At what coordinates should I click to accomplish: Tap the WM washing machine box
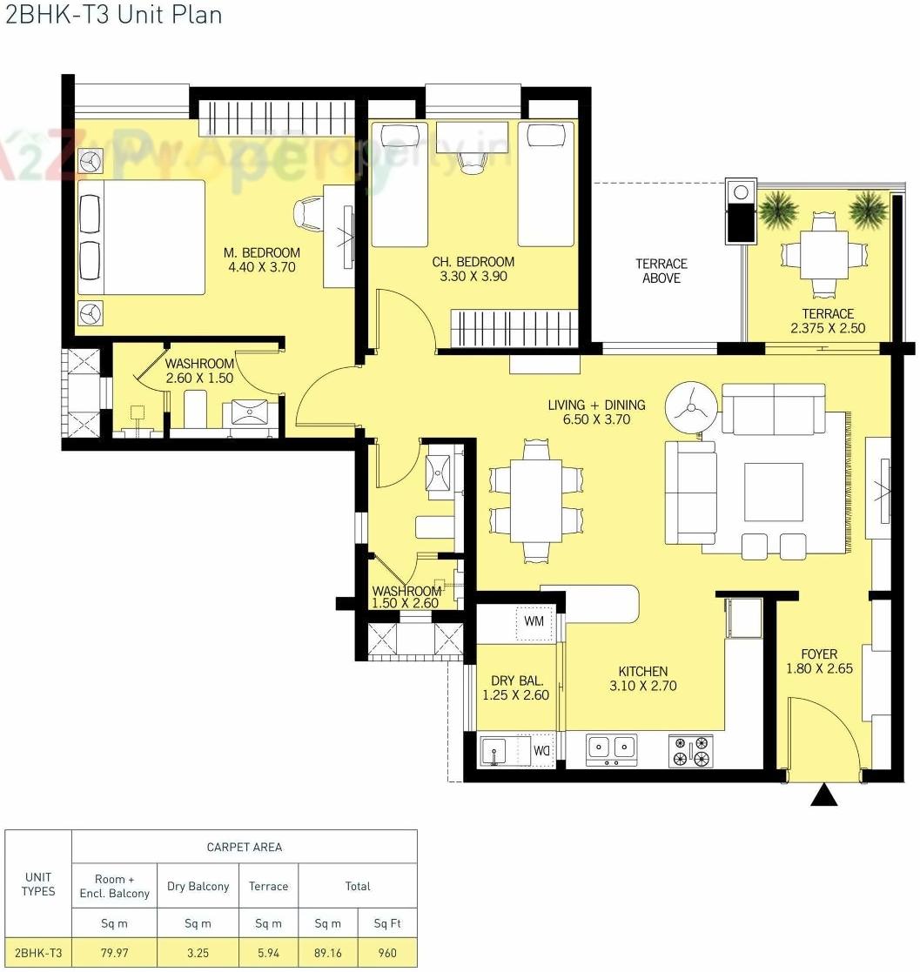click(534, 621)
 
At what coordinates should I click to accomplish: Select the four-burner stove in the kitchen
click(690, 750)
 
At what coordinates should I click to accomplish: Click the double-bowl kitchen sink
click(611, 748)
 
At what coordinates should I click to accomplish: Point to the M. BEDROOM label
click(262, 252)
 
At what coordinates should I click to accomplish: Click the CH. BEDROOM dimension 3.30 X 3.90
click(473, 277)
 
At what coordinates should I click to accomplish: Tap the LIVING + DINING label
click(596, 405)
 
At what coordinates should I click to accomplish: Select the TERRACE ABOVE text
click(661, 271)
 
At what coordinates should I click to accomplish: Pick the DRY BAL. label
click(518, 680)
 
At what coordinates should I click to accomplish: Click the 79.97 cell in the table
click(114, 953)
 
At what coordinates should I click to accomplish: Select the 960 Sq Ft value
click(388, 953)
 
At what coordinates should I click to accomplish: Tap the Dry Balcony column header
click(198, 886)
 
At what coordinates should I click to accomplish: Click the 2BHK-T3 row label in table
click(38, 953)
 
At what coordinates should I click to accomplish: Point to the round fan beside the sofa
click(692, 406)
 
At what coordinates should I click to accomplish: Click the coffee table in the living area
click(773, 492)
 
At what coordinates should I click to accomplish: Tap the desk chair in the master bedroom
click(310, 213)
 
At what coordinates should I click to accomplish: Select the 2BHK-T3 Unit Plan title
click(113, 15)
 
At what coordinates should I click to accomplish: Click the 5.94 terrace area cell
click(268, 953)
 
